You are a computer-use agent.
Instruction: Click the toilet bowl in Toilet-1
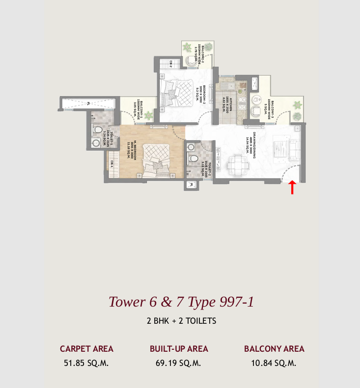[x=97, y=130]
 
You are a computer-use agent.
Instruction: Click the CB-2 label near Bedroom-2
[x=170, y=63]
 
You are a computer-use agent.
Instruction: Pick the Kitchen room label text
[x=224, y=103]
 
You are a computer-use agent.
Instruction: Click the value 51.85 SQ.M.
[x=86, y=363]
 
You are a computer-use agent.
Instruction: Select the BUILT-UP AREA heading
[x=179, y=349]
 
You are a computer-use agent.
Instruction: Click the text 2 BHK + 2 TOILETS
[x=181, y=321]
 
